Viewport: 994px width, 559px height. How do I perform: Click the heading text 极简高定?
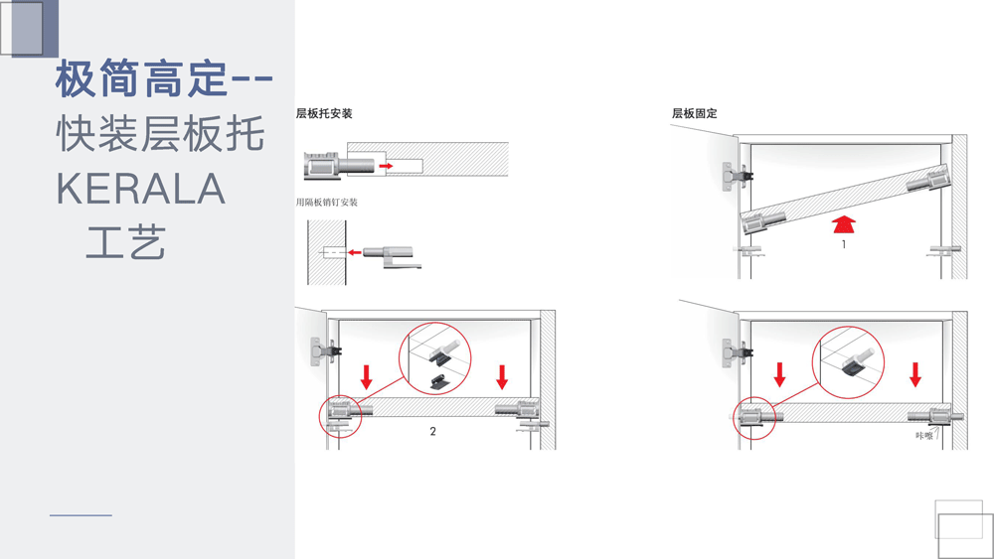[141, 79]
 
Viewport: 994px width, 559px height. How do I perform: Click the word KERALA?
[141, 189]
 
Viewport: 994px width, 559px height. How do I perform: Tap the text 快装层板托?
[160, 134]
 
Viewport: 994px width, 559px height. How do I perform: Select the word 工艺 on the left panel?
[125, 242]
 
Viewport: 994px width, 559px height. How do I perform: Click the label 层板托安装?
[324, 113]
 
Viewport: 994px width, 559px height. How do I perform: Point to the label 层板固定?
[694, 113]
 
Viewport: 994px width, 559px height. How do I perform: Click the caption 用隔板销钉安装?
[326, 203]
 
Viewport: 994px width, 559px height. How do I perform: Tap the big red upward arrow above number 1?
[844, 224]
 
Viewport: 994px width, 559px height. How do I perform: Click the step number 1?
[844, 244]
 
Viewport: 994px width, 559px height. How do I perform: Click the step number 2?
[433, 431]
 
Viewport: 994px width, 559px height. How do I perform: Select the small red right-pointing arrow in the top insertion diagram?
[386, 166]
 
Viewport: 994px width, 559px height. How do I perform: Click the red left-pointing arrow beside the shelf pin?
[355, 252]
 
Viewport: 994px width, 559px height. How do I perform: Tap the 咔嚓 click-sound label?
[924, 436]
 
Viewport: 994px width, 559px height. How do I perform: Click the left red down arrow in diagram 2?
[367, 376]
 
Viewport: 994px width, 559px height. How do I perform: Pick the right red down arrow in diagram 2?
[502, 376]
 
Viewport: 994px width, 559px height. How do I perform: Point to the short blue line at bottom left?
[82, 515]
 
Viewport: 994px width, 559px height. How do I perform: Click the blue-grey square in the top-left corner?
[35, 29]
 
